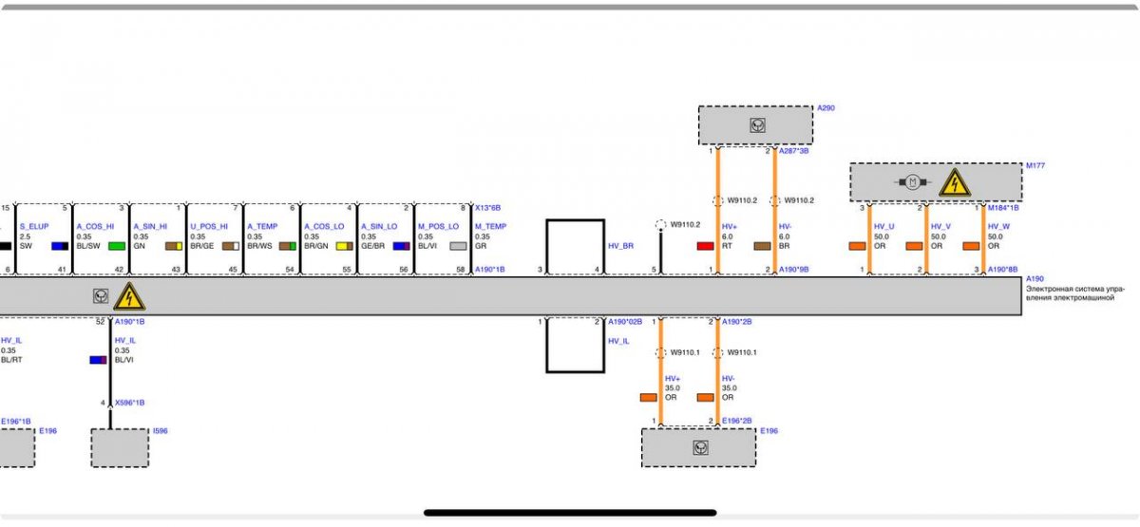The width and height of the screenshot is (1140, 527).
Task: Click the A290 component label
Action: click(826, 108)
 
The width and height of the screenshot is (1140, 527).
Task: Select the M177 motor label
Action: click(1035, 166)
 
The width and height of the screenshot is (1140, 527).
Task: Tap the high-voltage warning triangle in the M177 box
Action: click(954, 182)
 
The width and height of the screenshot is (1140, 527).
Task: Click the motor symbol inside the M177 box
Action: click(911, 182)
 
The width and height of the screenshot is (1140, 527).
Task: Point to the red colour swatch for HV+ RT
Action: click(705, 246)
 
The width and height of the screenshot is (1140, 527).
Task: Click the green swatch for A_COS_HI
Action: click(117, 246)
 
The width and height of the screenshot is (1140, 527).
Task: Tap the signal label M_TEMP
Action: click(490, 227)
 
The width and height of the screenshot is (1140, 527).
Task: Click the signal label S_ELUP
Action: click(33, 227)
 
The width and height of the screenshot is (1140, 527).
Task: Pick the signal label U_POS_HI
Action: click(209, 227)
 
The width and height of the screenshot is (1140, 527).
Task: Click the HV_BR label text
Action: click(620, 246)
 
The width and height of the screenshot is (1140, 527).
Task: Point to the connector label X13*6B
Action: click(487, 207)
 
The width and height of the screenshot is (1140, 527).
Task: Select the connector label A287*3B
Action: click(793, 151)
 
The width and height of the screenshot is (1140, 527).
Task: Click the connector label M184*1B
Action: click(1003, 208)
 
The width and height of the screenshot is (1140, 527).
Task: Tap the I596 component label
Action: click(161, 431)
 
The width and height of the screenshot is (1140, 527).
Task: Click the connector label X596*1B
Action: click(129, 403)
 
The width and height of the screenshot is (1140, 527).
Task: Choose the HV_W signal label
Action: click(998, 227)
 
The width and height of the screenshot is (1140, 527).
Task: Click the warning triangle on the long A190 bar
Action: click(129, 297)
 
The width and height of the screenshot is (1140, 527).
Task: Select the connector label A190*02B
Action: click(625, 322)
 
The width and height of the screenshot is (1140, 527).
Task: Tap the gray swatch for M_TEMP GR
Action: click(458, 246)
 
